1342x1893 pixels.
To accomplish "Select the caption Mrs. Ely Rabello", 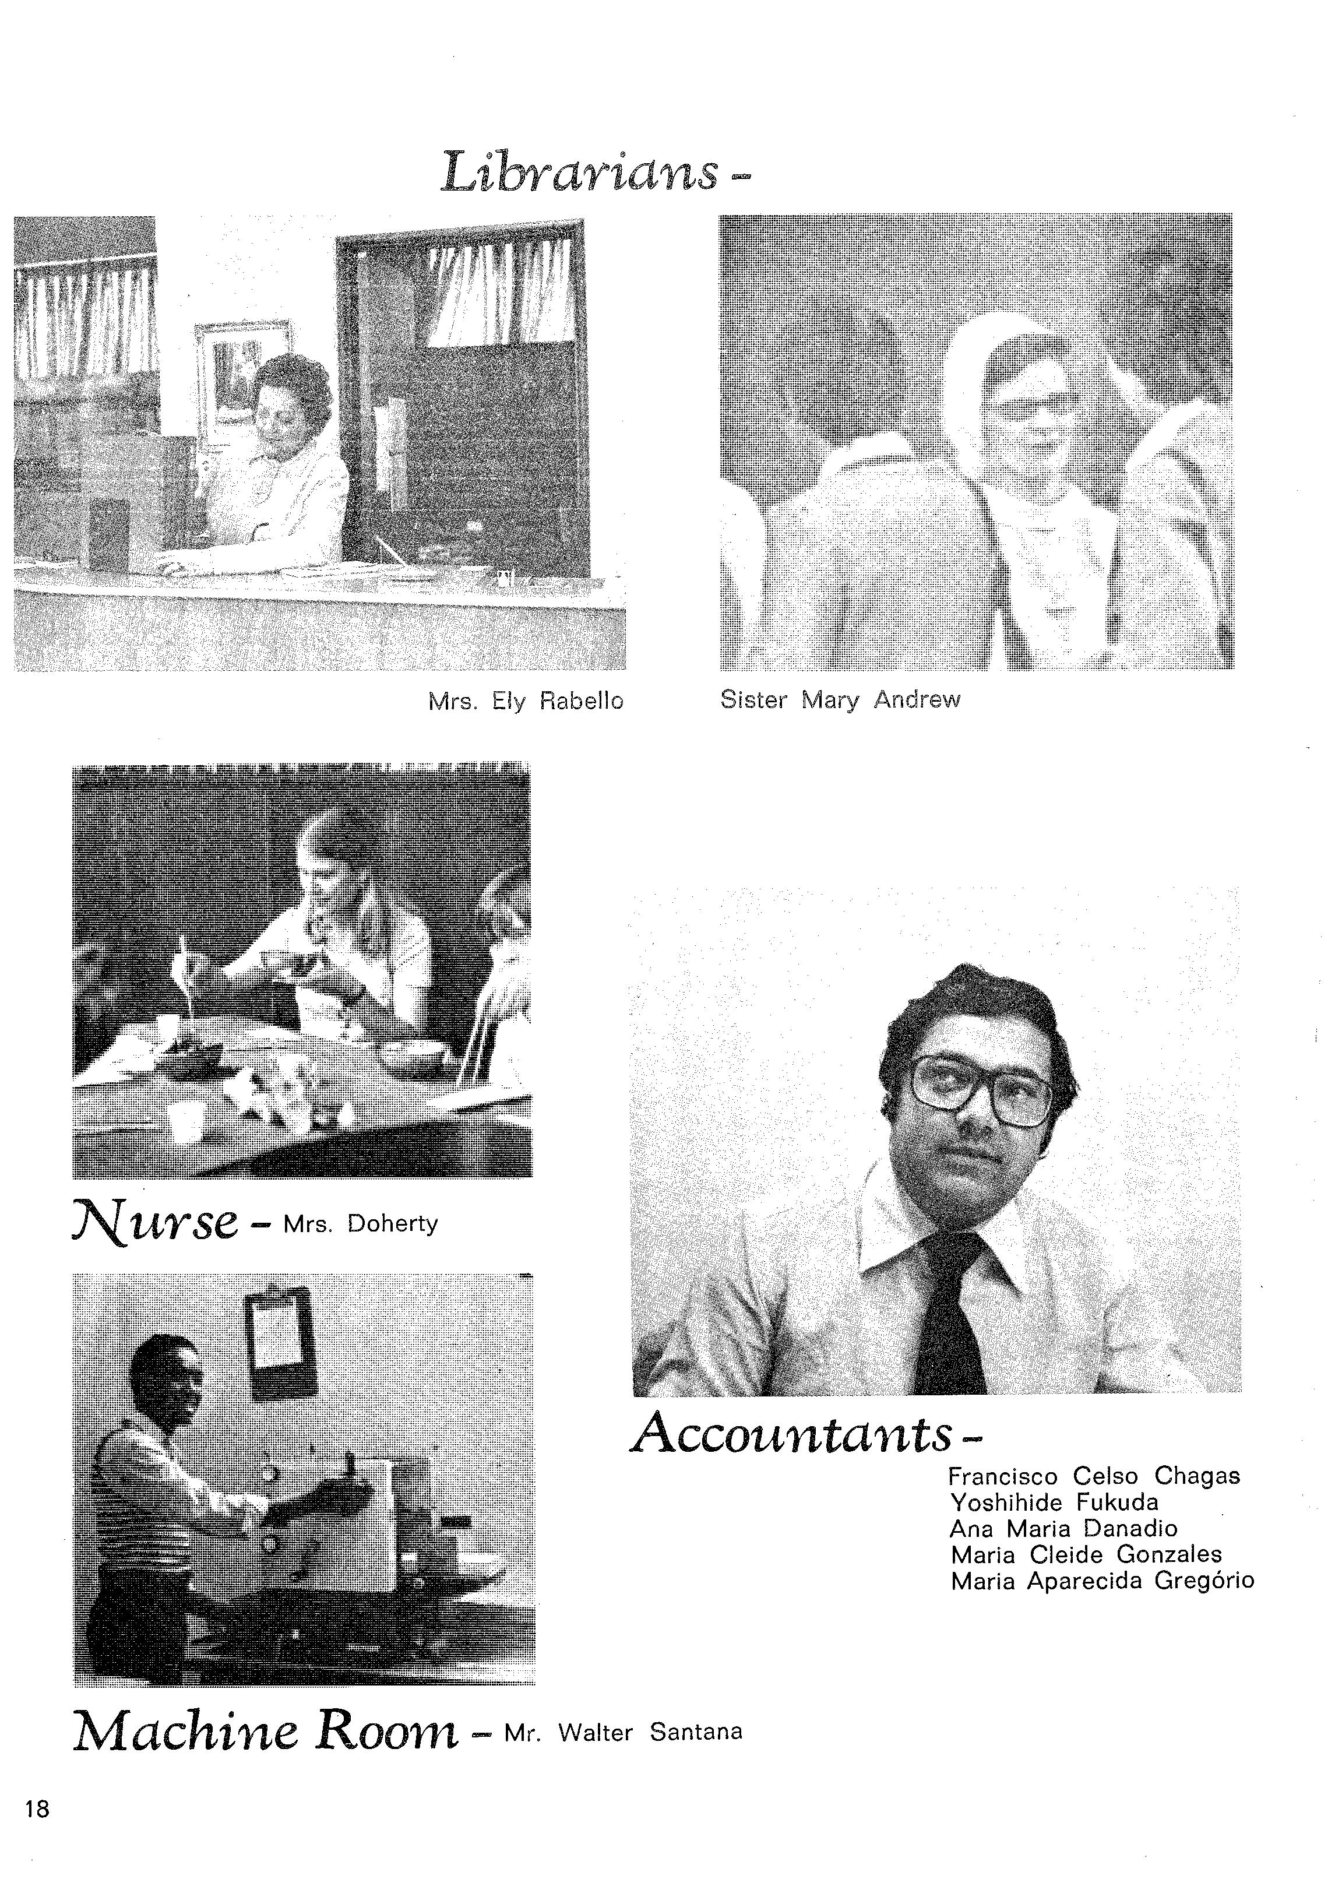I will pyautogui.click(x=526, y=702).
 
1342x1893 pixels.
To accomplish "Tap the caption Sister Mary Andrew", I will pyautogui.click(x=840, y=700).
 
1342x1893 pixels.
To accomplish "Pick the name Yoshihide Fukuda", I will pyautogui.click(x=1054, y=1502).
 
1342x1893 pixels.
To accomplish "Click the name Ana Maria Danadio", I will pyautogui.click(x=1063, y=1529).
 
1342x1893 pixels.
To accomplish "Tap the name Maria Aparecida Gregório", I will pyautogui.click(x=1103, y=1582).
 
